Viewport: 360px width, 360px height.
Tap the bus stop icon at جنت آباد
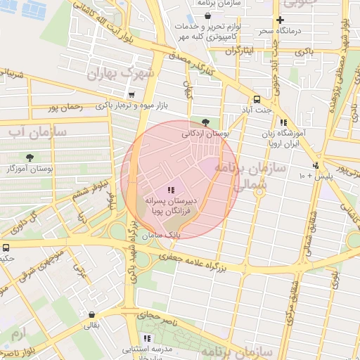257,99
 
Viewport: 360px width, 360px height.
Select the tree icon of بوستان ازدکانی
205,121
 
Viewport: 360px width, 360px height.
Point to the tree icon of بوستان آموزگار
30,157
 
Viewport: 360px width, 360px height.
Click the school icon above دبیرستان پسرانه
169,190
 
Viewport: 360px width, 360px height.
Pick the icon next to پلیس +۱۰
316,165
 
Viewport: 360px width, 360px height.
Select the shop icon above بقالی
92,314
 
